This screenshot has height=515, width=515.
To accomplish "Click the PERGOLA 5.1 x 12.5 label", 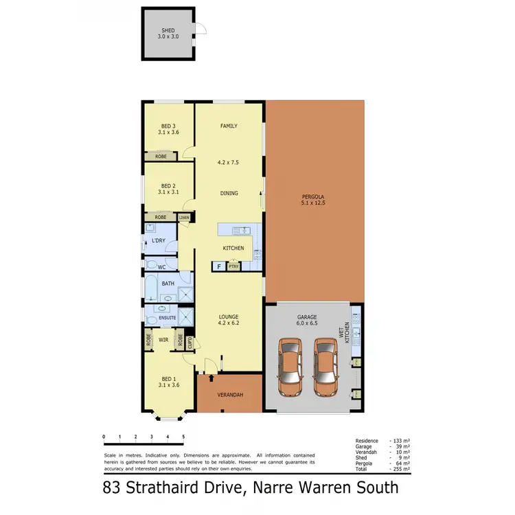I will (313, 201).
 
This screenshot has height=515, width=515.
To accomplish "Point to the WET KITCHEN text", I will (347, 332).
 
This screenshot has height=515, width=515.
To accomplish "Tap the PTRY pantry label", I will (233, 266).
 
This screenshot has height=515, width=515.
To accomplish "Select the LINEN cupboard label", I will (184, 218).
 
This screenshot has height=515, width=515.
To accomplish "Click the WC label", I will (162, 266).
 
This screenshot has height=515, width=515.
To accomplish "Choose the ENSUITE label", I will (168, 318).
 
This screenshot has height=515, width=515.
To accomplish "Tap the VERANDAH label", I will (229, 396).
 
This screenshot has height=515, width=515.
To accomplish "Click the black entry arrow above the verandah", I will (211, 377).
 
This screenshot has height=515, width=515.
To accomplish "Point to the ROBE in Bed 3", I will (161, 157).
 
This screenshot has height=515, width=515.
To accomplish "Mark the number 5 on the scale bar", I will (183, 436).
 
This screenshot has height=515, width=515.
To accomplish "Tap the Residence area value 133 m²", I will (400, 440).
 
